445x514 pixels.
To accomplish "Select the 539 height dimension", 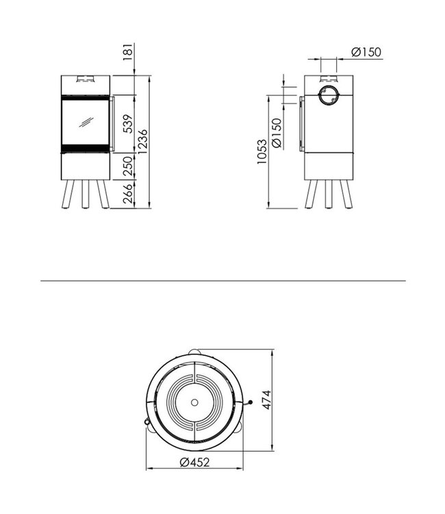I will pos(126,124).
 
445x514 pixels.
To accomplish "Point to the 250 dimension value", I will pos(126,166).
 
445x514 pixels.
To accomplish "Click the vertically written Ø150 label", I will pos(277,133).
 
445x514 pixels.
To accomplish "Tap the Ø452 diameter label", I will pos(194,463).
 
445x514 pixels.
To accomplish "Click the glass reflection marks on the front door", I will pos(86,123).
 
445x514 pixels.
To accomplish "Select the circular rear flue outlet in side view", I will pos(329,97).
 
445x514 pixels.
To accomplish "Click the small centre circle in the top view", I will pos(195,402).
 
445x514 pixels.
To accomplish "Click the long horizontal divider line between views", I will pos(222,280).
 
